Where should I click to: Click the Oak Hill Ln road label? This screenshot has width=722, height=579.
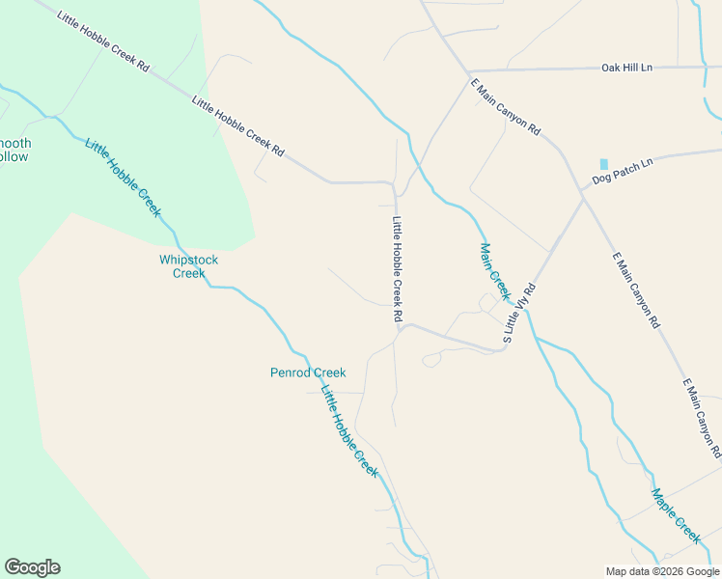(x=626, y=68)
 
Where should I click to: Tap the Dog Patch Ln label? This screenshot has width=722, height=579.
(x=623, y=170)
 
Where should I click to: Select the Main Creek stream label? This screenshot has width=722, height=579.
(x=493, y=271)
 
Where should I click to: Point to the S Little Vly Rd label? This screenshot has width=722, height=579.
(x=519, y=314)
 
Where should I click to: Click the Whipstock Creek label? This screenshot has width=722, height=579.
(x=188, y=266)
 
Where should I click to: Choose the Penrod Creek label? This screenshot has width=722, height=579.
(x=307, y=372)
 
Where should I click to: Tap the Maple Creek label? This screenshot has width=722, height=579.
(x=675, y=515)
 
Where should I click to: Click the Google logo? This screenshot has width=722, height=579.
(x=32, y=567)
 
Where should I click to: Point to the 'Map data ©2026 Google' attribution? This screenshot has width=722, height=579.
(x=662, y=571)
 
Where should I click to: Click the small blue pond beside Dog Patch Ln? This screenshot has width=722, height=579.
(x=604, y=164)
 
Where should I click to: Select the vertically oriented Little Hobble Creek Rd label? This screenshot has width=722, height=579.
(x=397, y=268)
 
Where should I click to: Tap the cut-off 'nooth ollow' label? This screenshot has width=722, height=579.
(x=14, y=150)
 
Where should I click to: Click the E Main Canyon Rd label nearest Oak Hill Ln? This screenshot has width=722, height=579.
(x=505, y=107)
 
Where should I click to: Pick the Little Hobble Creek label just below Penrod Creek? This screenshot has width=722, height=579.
(x=348, y=430)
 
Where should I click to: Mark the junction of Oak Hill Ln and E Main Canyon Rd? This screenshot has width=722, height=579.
(x=470, y=72)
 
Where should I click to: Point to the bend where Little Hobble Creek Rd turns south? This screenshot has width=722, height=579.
(x=393, y=183)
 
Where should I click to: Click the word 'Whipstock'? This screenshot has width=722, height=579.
(x=188, y=260)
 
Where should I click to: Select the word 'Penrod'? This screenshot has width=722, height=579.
(x=289, y=372)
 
